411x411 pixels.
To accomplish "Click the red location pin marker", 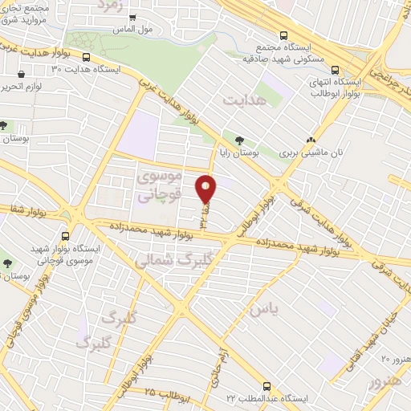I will pos(206,189).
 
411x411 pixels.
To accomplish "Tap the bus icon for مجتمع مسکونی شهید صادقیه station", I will pos(283,35).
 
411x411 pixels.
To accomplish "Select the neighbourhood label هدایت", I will pos(243,101).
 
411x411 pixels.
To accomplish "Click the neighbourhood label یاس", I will pos(264,308).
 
